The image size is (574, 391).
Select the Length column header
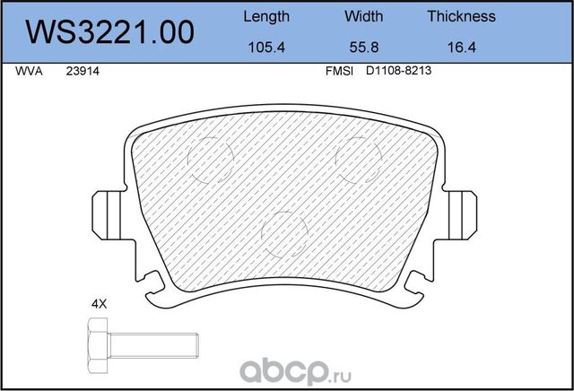pyautogui.click(x=266, y=16)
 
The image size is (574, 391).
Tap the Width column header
pyautogui.click(x=363, y=16)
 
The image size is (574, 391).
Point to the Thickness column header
pyautogui.click(x=461, y=16)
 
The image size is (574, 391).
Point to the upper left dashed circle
pyautogui.click(x=212, y=160)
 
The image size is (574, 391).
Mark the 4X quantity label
pyautogui.click(x=100, y=304)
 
